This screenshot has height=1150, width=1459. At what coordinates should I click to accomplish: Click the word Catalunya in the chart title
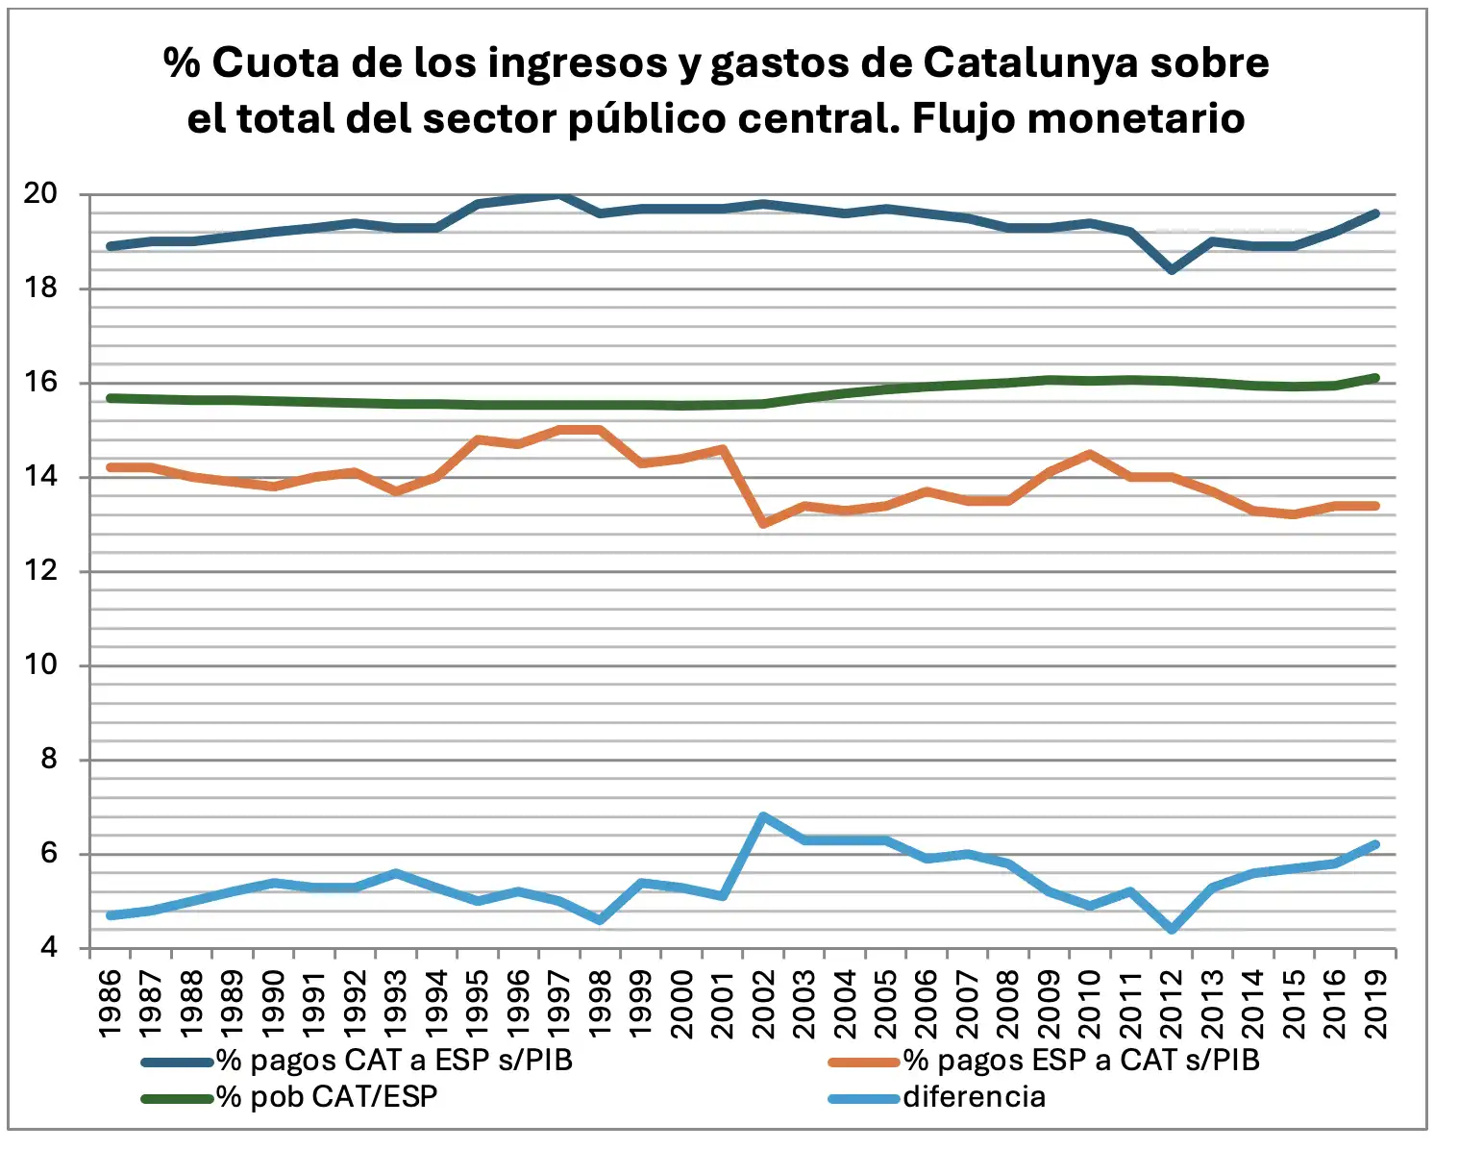click(x=1029, y=63)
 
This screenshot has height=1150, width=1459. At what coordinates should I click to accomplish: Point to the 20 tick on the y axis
click(x=39, y=194)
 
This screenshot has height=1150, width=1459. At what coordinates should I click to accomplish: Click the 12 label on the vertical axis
click(x=39, y=571)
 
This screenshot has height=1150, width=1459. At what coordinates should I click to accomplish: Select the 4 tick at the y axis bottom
click(x=48, y=948)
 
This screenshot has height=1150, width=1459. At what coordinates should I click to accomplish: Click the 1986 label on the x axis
click(x=111, y=1003)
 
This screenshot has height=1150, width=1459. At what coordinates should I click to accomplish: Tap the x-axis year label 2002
click(x=764, y=1003)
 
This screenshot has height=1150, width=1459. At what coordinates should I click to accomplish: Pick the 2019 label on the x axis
click(x=1376, y=1003)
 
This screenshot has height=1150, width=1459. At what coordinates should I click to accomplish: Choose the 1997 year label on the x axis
click(x=559, y=1003)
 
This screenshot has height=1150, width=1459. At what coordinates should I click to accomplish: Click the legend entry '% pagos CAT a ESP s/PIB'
click(x=394, y=1061)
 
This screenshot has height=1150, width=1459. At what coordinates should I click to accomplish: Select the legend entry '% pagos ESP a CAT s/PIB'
click(x=1080, y=1061)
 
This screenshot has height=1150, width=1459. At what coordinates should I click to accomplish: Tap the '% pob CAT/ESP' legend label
click(x=327, y=1097)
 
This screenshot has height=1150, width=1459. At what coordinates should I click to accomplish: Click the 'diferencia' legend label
click(x=974, y=1097)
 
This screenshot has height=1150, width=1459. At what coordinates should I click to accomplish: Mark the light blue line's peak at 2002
click(x=763, y=816)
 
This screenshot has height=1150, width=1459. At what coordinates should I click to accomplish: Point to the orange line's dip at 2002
click(x=763, y=523)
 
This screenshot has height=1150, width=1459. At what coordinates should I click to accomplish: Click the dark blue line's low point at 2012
click(x=1172, y=270)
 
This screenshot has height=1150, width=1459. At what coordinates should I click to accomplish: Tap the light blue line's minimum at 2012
click(x=1172, y=930)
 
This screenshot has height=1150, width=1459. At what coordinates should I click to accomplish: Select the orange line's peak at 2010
click(x=1090, y=454)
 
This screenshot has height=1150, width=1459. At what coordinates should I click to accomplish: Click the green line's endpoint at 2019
click(x=1375, y=378)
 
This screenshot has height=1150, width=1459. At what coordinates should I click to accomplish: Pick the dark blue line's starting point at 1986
click(x=111, y=246)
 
